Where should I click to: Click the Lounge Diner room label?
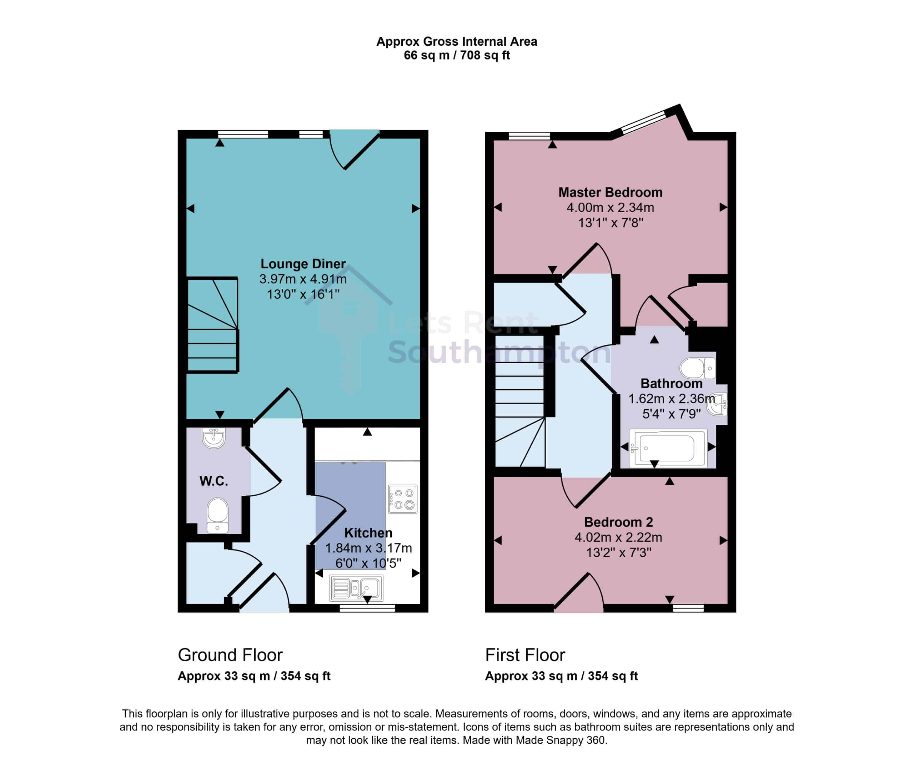pos(303,264)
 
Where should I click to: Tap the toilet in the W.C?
pos(217,516)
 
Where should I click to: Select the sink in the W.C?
pos(214,438)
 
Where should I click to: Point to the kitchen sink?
pos(356,588)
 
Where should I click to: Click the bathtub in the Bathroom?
pos(668,449)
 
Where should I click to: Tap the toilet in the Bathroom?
pos(698,368)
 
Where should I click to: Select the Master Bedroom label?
pos(610,192)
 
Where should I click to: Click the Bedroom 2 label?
pos(618,522)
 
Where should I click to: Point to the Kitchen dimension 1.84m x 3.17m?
pos(369,548)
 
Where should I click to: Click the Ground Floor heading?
pos(230,655)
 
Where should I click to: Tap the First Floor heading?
pos(525,655)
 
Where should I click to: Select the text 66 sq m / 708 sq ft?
pos(457,55)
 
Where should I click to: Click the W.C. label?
pos(214,481)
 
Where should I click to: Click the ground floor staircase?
pos(212,325)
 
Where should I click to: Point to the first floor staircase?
pos(520,401)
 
